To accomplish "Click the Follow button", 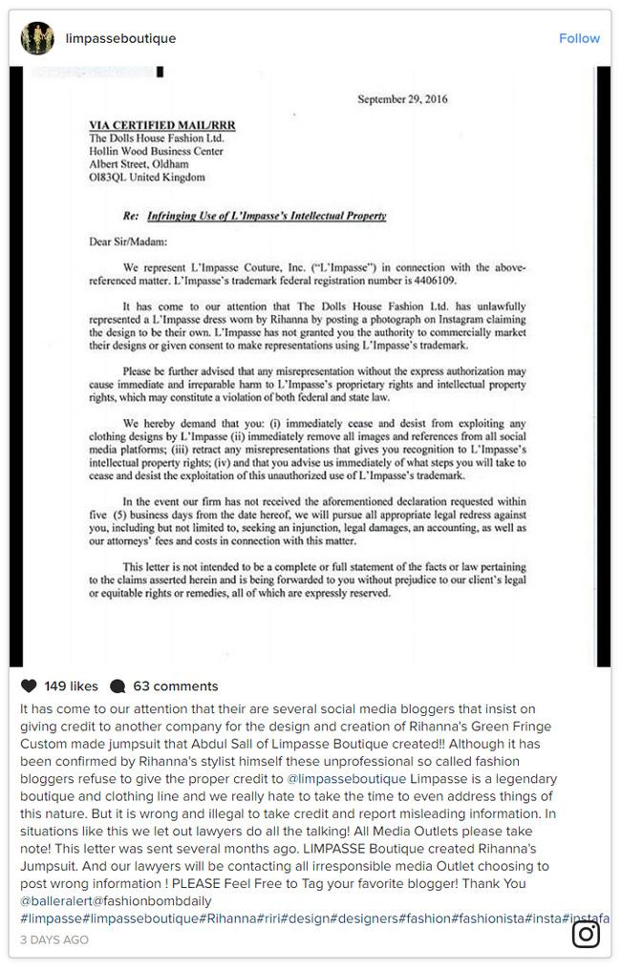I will (579, 38).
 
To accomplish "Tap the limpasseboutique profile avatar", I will (37, 38).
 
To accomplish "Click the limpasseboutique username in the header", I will (120, 38).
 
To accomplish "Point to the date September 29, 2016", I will (402, 99).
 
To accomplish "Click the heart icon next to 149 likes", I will (29, 685).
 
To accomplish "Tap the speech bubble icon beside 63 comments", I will (118, 685).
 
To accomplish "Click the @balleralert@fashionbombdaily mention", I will (116, 900).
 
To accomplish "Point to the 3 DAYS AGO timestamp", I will (54, 940).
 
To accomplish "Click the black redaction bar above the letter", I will (161, 72).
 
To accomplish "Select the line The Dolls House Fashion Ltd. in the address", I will (156, 137).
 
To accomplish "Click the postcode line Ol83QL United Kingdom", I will (146, 177).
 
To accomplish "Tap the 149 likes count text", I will (71, 685).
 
